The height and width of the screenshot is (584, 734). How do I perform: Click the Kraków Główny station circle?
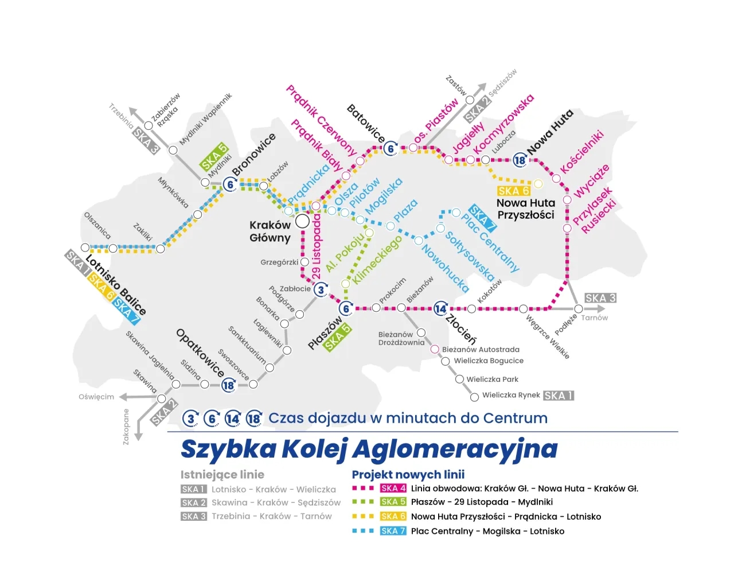point(302,221)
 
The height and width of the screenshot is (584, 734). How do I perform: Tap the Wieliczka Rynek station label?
point(511,395)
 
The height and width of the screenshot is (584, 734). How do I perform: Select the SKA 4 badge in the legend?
point(393,489)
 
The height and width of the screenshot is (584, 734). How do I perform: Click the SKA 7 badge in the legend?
point(393,531)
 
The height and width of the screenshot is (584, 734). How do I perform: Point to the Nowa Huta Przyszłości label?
point(526,209)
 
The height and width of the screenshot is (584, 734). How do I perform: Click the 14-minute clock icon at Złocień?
point(440,308)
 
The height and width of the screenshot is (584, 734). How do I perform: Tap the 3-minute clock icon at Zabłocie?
point(321,289)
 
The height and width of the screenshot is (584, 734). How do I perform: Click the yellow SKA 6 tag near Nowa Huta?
point(513,191)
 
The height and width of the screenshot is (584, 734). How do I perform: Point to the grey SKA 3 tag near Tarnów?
point(600,298)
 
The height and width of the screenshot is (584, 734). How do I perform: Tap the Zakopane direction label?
point(126,426)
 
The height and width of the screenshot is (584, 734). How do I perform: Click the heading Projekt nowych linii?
point(408,475)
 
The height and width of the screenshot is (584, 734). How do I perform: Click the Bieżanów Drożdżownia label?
point(401,338)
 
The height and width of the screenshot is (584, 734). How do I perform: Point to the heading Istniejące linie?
point(222,475)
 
